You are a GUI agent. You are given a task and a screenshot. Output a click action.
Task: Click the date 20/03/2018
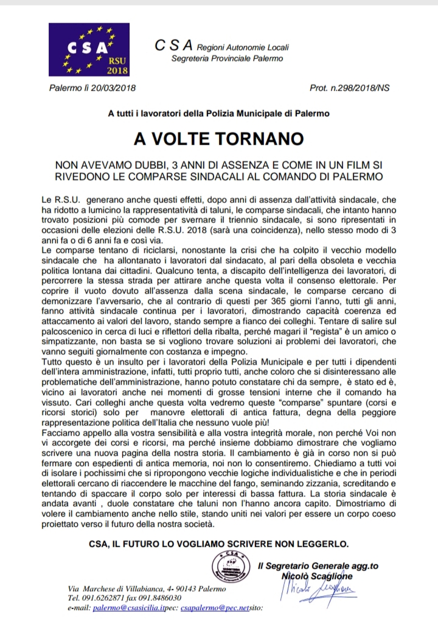tap(112, 88)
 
